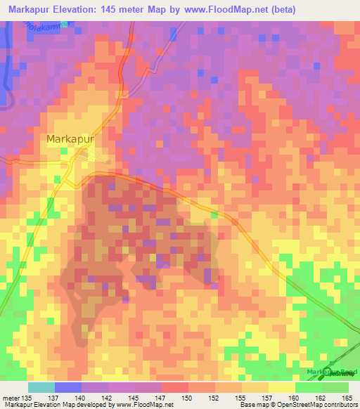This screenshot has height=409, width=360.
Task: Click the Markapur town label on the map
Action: click(x=70, y=139)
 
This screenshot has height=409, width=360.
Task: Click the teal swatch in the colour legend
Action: click(x=41, y=387)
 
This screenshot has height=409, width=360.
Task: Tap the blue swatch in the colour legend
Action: click(x=67, y=387)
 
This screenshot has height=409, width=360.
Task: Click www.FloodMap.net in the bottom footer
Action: click(x=141, y=405)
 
